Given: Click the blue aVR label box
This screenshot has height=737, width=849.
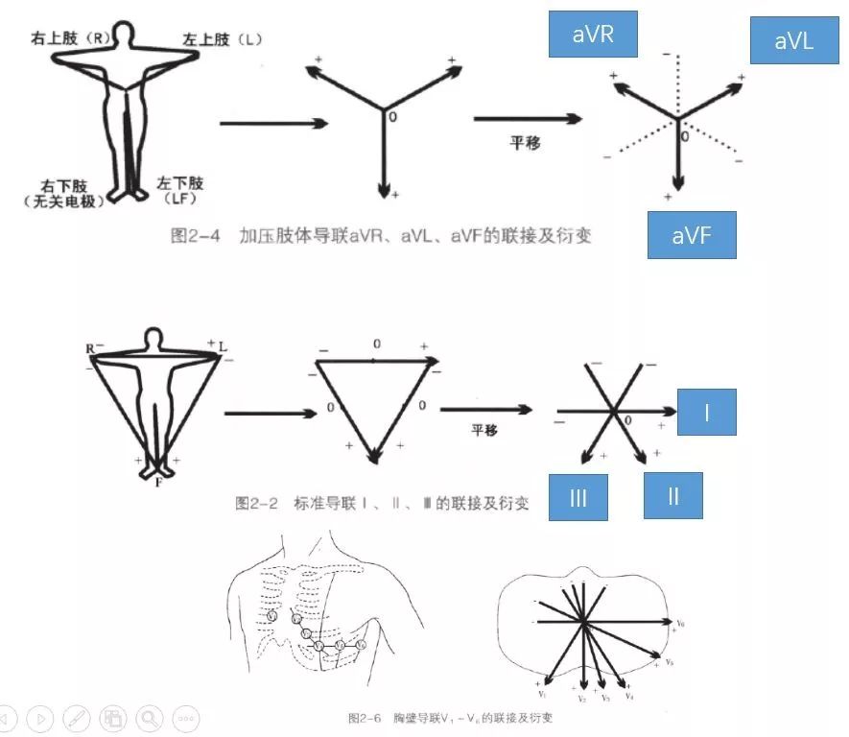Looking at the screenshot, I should click(593, 36).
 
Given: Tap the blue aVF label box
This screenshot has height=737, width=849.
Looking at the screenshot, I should click(691, 235).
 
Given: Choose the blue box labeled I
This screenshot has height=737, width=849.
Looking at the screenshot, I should click(705, 414).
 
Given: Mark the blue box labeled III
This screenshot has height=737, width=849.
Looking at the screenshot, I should click(578, 496).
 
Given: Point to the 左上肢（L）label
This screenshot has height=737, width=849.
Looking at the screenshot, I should click(223, 39).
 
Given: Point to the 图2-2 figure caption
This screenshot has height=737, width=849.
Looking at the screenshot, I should click(382, 502).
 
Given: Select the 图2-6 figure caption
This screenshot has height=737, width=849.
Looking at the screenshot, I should click(452, 717).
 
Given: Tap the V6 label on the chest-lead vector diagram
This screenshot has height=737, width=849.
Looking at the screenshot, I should click(680, 624).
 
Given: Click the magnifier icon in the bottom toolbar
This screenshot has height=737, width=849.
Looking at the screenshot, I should click(149, 717).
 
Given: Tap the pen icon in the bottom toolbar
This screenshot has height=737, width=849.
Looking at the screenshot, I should click(76, 717).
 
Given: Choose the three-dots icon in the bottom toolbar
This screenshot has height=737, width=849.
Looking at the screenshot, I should click(185, 717).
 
